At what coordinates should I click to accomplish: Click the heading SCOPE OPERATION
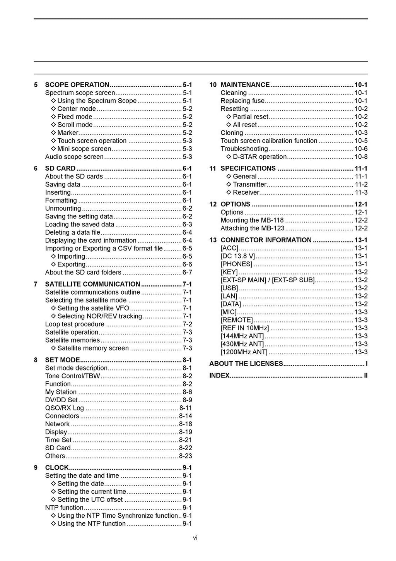(77, 85)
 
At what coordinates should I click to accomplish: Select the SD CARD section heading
(60, 168)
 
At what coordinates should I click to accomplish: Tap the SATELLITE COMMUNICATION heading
(92, 284)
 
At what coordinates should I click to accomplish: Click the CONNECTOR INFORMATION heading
(266, 240)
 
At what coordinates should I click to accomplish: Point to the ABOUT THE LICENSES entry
(246, 364)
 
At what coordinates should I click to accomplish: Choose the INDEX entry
(219, 376)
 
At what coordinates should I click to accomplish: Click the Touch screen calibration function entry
(269, 141)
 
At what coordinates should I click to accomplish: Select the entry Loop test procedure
(75, 324)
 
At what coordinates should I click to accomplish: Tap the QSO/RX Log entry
(65, 408)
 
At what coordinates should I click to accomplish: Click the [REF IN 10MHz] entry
(244, 328)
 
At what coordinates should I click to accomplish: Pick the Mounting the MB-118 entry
(252, 220)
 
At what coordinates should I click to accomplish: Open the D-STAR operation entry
(259, 157)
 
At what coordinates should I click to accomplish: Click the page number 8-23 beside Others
(186, 456)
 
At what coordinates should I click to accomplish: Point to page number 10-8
(361, 157)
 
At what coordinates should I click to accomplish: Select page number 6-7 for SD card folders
(187, 272)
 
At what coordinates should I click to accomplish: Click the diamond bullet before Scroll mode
(54, 125)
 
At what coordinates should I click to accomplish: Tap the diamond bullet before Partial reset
(229, 117)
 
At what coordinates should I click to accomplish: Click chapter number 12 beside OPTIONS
(213, 204)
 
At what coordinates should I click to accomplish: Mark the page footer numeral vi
(195, 537)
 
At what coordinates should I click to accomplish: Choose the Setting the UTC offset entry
(90, 499)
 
